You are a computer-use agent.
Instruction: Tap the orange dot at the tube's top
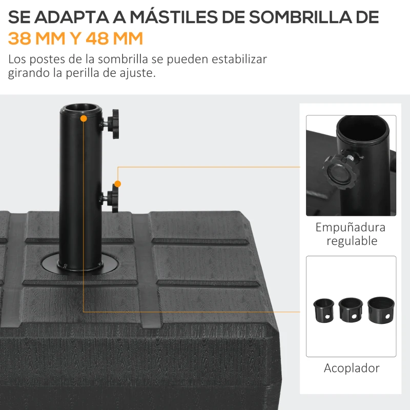(x=83, y=118)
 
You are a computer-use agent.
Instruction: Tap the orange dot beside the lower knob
(x=118, y=183)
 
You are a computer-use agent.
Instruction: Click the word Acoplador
(x=352, y=367)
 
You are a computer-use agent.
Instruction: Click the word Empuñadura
(x=351, y=227)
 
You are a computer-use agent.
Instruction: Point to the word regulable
(x=352, y=240)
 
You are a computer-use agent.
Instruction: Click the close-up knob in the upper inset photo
(x=336, y=172)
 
